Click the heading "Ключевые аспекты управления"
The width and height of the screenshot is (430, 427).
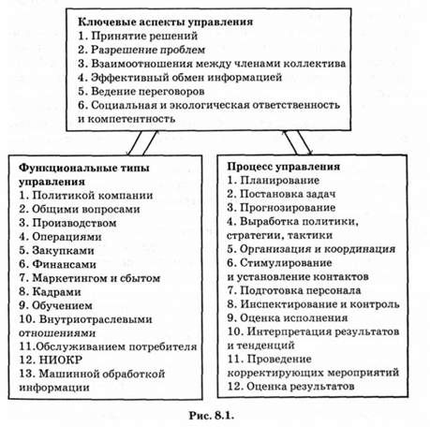[165, 22]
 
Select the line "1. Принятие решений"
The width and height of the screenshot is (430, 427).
[138, 37]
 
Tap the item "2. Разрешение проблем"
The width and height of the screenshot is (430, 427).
[141, 50]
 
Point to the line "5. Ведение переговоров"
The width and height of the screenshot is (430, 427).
[141, 92]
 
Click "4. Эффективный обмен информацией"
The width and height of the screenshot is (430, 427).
[180, 78]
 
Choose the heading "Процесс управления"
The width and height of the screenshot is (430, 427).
[283, 167]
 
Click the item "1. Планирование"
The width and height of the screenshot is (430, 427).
[273, 181]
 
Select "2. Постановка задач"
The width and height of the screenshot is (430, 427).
[281, 194]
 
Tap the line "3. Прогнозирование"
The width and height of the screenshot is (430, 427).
[281, 208]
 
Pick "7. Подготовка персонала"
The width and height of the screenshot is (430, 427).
[294, 290]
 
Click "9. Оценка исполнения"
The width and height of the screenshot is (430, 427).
[288, 318]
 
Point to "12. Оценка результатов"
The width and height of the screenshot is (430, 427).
[290, 387]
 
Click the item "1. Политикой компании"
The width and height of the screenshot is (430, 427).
[86, 196]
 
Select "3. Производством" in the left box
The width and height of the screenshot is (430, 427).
[67, 223]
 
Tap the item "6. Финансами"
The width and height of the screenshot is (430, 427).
[57, 265]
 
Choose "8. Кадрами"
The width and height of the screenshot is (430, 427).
[50, 292]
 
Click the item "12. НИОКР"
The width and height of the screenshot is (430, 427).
[51, 361]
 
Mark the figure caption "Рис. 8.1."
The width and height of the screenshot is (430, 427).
[212, 416]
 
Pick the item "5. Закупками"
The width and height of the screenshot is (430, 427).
[56, 251]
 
